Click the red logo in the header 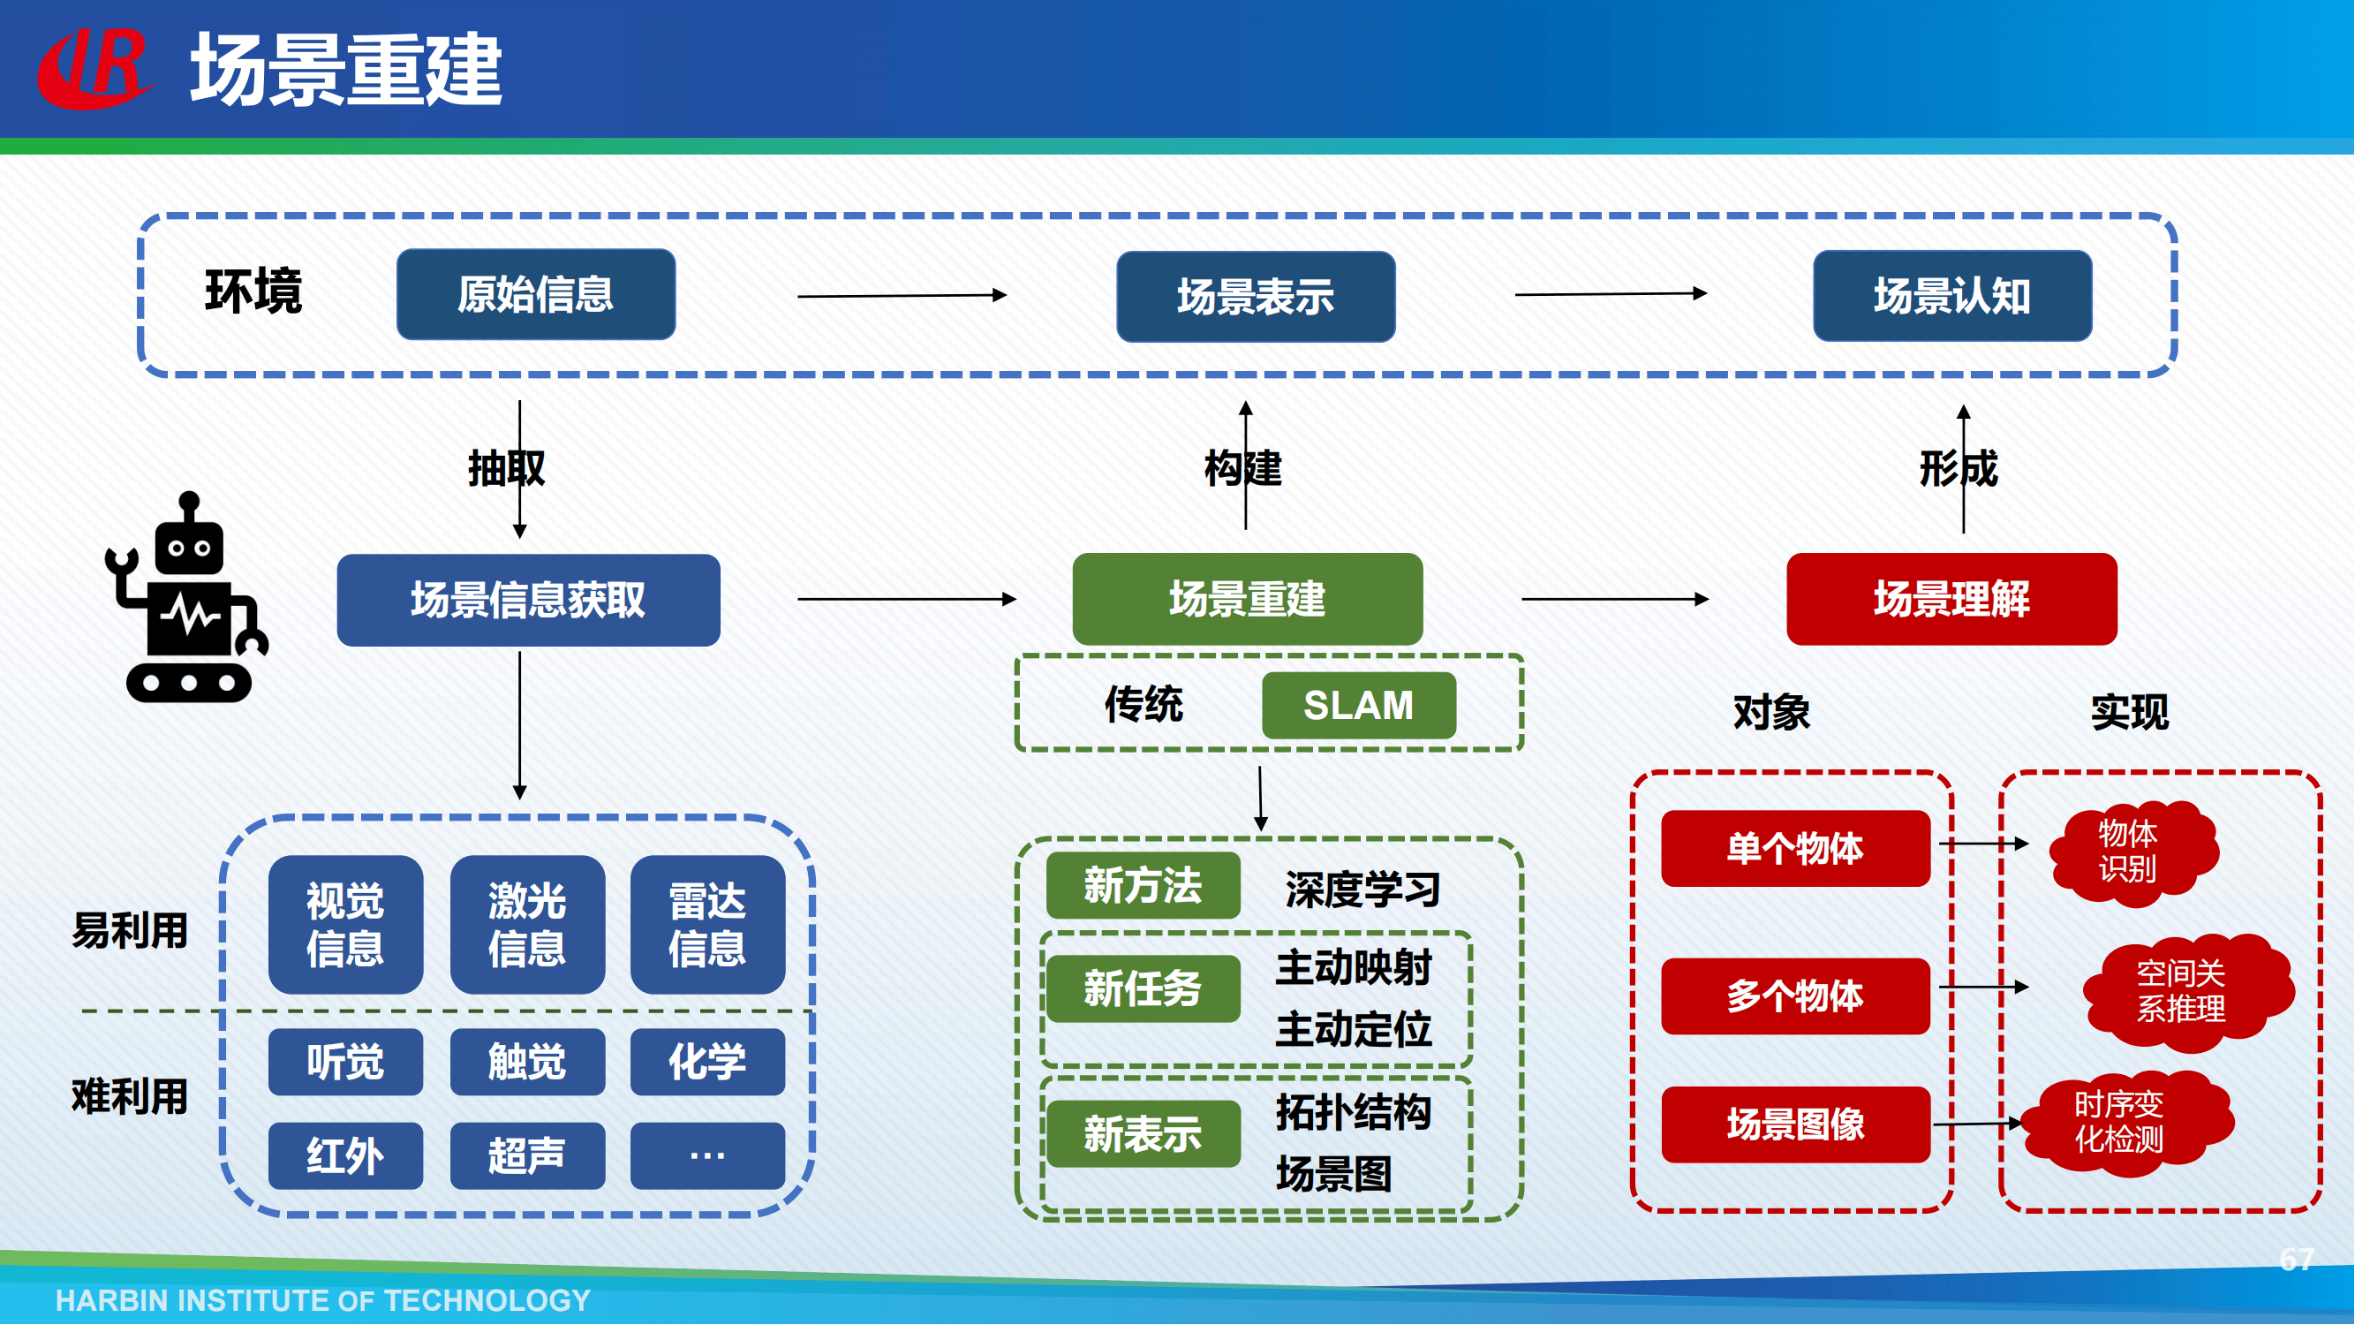94,70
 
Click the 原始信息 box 536,294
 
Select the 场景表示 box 1257,297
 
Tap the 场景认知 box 1952,296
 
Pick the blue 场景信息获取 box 528,601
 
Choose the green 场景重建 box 1248,600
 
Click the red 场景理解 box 1951,600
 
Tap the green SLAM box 1358,706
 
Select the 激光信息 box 527,926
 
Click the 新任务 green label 1143,989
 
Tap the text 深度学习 1362,890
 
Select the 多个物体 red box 1795,996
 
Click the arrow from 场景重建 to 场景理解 1614,600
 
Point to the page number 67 2297,1261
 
